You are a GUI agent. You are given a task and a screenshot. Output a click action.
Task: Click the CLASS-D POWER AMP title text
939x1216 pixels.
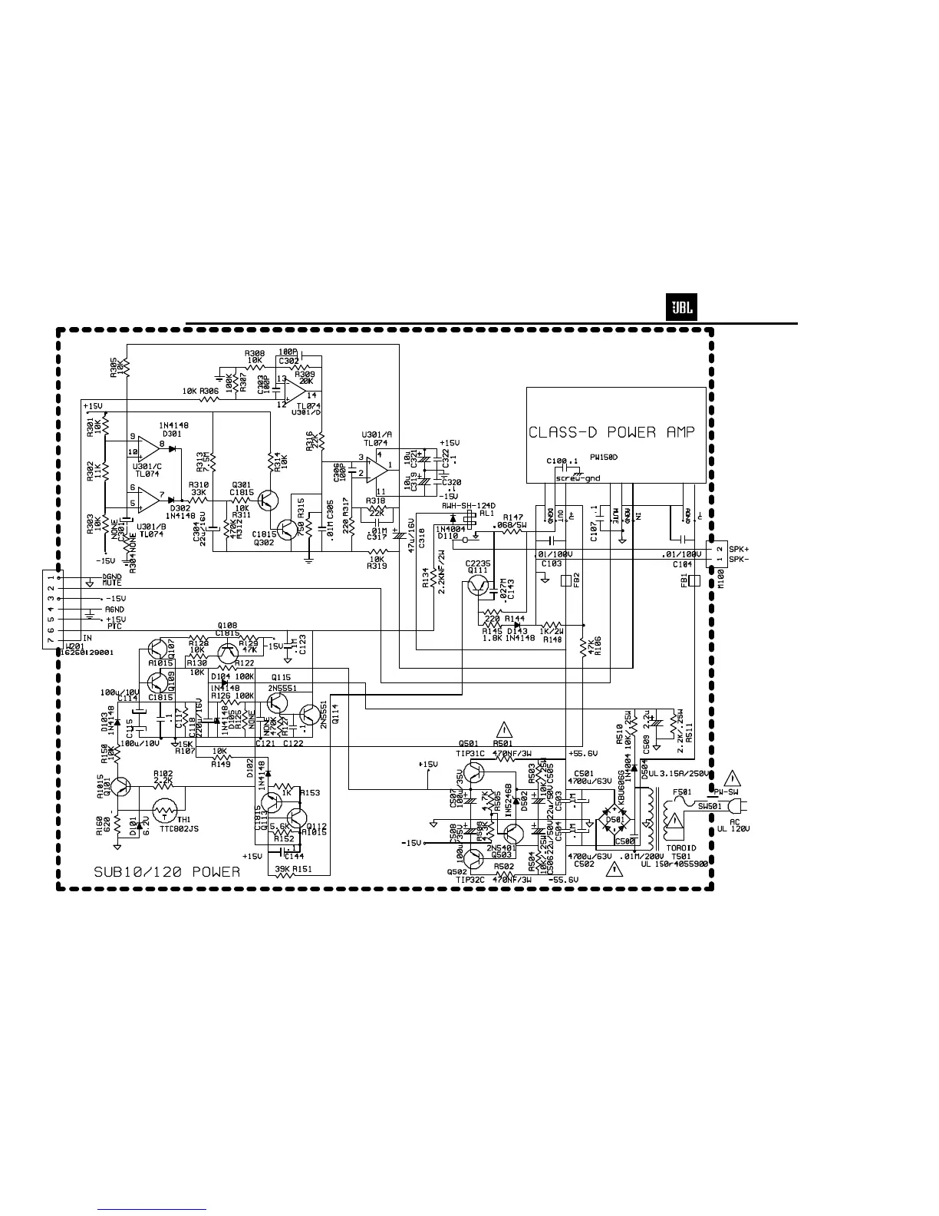(x=611, y=432)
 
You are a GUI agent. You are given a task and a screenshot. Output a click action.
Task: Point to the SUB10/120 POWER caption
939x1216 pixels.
(x=166, y=872)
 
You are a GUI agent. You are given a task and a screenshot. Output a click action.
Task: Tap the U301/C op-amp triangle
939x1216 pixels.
(x=148, y=447)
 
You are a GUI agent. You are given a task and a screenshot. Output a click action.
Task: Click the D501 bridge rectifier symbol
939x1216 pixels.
(x=614, y=818)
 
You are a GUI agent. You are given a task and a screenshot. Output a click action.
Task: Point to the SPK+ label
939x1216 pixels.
(x=738, y=549)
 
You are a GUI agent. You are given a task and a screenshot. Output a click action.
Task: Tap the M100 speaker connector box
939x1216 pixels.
(x=714, y=554)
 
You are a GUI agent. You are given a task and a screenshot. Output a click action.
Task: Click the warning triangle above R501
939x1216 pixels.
(x=504, y=730)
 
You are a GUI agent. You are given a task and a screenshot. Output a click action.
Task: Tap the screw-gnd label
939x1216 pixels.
(x=578, y=477)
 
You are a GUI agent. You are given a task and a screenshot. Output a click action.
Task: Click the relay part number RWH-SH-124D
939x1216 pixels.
(x=468, y=506)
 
